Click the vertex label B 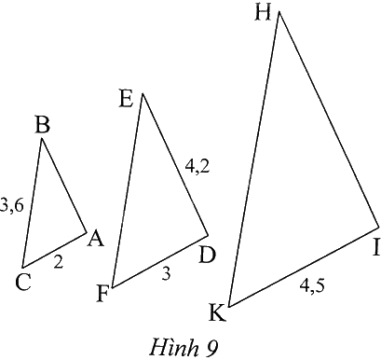(43, 125)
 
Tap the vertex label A (95, 239)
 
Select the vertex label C (23, 283)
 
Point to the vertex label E (126, 100)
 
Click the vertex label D (207, 256)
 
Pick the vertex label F (102, 294)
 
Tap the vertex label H (263, 13)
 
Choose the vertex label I (376, 248)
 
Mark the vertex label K (217, 312)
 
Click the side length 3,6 (11, 205)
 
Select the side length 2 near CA (58, 261)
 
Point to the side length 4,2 (197, 167)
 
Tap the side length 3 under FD (167, 274)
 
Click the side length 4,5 (312, 285)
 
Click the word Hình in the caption (174, 347)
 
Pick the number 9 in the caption (211, 348)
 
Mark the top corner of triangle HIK (279, 11)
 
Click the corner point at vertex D (208, 236)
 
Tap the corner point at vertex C (22, 268)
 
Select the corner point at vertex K (229, 307)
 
